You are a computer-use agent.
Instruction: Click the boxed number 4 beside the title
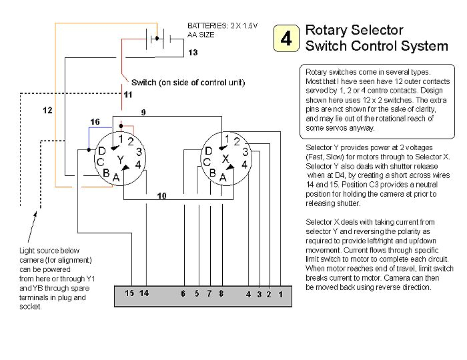pos(286,39)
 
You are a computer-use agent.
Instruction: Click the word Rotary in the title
pos(326,30)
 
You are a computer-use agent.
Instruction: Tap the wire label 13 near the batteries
pos(193,52)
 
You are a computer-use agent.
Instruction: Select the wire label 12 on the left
pos(48,109)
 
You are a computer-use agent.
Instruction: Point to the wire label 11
pos(127,95)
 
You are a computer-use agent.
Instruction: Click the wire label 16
pos(95,122)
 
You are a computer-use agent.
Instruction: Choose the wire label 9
pos(143,111)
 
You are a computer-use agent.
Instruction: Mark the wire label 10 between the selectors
pos(161,195)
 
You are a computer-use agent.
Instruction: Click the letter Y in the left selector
pos(120,161)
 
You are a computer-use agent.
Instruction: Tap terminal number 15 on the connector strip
pos(129,293)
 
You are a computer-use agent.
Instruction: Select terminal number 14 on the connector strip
pos(144,293)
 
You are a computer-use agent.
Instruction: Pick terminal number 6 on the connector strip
pos(183,293)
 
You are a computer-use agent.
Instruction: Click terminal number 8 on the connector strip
pos(221,293)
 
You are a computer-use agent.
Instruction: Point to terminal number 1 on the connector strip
pos(281,294)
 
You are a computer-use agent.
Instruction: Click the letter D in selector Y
pos(103,151)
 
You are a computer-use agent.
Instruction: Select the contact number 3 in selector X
pos(244,152)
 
